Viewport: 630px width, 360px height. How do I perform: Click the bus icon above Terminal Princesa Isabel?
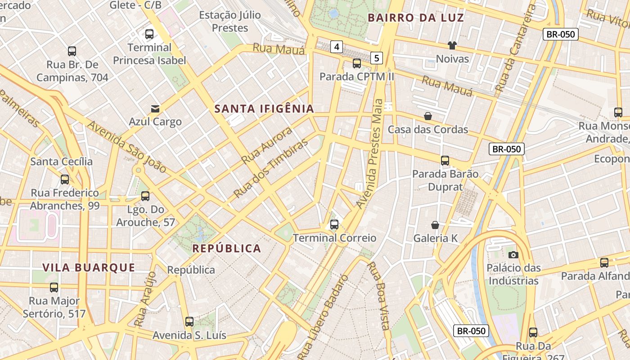[149, 34]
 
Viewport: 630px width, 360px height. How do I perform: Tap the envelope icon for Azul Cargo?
[155, 109]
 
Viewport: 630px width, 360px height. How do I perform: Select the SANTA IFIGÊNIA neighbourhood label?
[264, 108]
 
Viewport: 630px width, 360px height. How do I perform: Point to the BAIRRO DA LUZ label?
[416, 18]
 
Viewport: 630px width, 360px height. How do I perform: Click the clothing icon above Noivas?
[452, 45]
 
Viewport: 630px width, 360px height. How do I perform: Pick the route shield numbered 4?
[336, 46]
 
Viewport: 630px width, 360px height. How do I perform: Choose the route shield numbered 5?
[377, 58]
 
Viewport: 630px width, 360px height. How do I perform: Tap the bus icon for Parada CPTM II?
[357, 63]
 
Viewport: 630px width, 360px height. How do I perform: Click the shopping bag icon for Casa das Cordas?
[428, 117]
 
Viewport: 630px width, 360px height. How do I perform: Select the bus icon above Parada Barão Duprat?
[445, 161]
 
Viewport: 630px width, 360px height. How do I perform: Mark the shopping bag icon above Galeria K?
[435, 225]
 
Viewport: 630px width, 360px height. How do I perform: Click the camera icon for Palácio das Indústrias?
[513, 255]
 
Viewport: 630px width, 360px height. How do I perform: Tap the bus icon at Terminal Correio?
[334, 225]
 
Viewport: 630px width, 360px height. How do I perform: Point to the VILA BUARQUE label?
[89, 268]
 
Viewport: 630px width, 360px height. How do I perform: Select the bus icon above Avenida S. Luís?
[189, 322]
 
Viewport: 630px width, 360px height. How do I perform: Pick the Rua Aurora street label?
[266, 145]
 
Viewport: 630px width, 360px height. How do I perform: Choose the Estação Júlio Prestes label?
[230, 21]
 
